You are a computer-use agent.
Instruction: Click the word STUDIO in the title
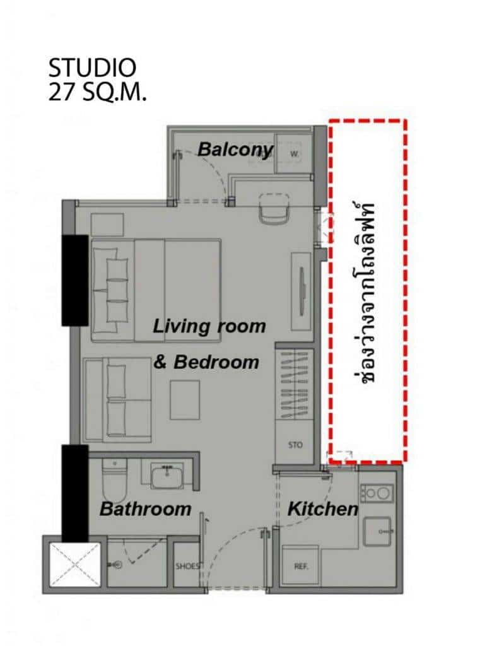click(92, 68)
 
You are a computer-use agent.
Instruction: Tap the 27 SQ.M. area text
click(97, 92)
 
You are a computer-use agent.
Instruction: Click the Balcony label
click(235, 149)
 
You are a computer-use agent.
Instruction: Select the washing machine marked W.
click(293, 154)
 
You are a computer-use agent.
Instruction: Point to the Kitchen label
click(323, 509)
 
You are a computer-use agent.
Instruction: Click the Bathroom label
click(145, 509)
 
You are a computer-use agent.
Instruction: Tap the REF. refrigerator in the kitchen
click(301, 565)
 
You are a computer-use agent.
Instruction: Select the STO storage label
click(295, 445)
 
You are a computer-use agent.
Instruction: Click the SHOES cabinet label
click(188, 566)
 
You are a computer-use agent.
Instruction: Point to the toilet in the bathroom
click(114, 480)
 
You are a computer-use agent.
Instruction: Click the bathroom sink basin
click(167, 474)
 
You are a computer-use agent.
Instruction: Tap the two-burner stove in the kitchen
click(377, 493)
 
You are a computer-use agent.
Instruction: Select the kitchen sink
click(377, 531)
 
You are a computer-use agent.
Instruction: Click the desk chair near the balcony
click(273, 209)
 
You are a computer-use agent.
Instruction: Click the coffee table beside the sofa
click(185, 399)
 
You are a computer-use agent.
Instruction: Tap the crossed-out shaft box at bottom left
click(75, 565)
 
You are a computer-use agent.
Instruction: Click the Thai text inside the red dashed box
click(363, 293)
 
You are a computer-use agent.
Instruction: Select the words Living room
click(209, 327)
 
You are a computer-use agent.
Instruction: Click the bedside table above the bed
click(107, 225)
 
